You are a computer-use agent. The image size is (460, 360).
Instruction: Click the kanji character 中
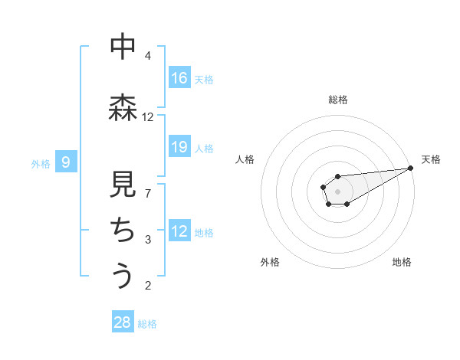click(123, 47)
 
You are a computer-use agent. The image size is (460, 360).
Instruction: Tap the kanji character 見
click(123, 185)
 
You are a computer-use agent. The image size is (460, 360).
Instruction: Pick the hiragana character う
click(123, 275)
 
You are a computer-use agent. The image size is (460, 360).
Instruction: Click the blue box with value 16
click(179, 77)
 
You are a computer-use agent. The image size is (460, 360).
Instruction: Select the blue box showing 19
click(179, 147)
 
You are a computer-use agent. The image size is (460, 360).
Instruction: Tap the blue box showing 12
click(179, 231)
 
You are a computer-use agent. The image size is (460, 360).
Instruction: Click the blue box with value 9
click(66, 162)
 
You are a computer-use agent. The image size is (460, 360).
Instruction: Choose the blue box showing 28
click(123, 322)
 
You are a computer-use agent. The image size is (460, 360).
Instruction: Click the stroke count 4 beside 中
click(148, 56)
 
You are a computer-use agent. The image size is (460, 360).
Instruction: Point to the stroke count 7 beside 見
click(148, 193)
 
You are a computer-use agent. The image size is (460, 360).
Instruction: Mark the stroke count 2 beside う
click(148, 286)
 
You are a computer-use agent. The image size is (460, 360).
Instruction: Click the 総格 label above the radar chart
click(338, 100)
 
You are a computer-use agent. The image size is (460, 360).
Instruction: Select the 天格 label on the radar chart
click(432, 159)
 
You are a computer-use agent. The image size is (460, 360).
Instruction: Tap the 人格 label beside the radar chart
click(245, 159)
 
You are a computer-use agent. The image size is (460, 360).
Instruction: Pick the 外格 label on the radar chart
click(270, 262)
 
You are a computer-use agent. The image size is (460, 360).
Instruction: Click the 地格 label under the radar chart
click(402, 262)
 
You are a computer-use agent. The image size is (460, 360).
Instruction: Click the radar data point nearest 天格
click(411, 168)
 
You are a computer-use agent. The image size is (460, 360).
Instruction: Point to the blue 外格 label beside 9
click(41, 163)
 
